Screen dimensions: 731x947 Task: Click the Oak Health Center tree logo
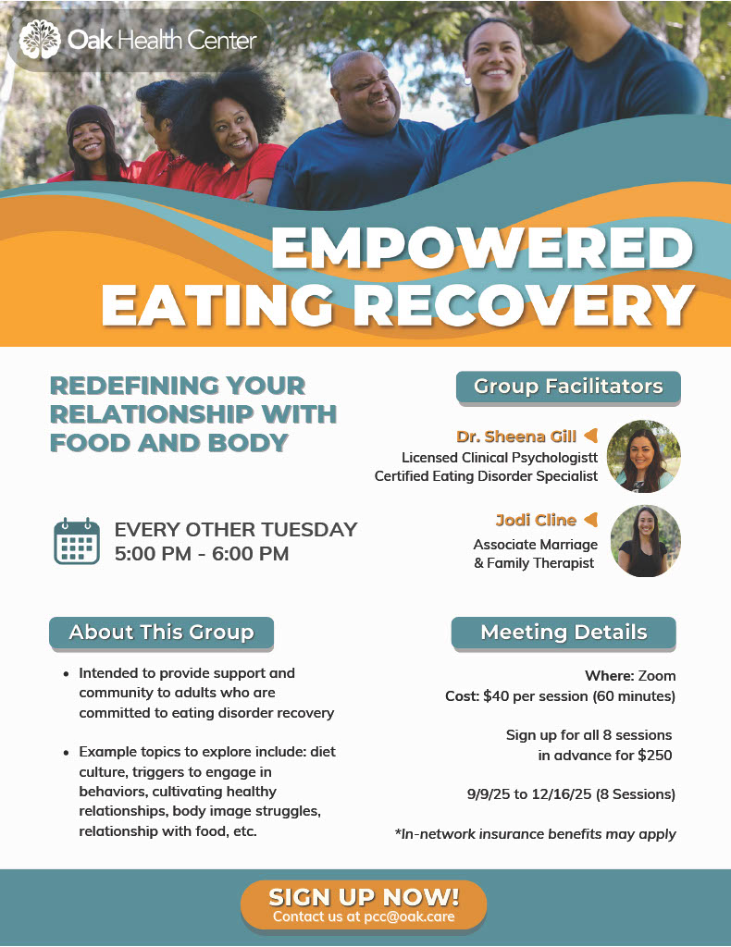click(x=40, y=40)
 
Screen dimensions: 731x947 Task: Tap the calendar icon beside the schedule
click(x=77, y=541)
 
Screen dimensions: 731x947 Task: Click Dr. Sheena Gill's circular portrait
click(x=643, y=456)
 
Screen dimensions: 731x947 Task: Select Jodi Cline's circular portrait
click(x=645, y=541)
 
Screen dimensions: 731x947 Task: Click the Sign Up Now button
click(x=364, y=904)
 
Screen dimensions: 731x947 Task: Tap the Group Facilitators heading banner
click(x=568, y=387)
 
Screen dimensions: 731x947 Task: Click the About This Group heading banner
click(x=161, y=633)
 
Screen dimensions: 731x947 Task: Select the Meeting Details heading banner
click(x=564, y=633)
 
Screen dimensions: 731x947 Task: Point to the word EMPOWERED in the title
click(x=482, y=248)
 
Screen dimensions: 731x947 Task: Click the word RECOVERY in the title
click(x=524, y=305)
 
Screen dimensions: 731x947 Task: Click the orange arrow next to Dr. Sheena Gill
click(x=591, y=435)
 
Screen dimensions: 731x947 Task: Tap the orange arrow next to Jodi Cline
click(x=591, y=520)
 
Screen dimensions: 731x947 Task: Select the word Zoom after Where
click(x=657, y=676)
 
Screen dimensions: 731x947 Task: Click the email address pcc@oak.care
click(x=409, y=916)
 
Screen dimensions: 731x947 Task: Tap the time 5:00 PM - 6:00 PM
click(x=202, y=554)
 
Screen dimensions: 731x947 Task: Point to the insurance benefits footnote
click(x=535, y=834)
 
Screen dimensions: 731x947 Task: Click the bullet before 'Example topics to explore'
click(x=67, y=753)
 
